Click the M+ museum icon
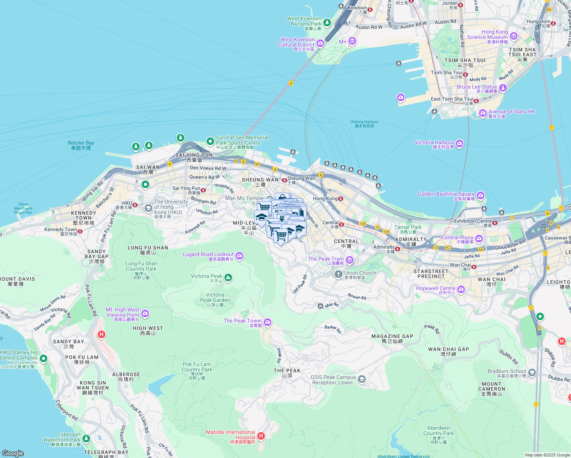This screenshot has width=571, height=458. point(352,41)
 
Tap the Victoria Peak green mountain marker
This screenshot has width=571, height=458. point(228,278)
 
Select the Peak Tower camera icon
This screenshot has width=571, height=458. point(268,323)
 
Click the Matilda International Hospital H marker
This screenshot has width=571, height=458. point(261,435)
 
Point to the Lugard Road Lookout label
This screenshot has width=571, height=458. point(208,255)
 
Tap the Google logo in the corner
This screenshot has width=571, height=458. point(13,453)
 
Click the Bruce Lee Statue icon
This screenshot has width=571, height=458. point(503,88)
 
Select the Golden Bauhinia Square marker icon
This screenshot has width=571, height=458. point(480,196)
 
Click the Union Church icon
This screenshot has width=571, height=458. point(338,274)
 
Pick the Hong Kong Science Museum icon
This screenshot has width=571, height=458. point(514,37)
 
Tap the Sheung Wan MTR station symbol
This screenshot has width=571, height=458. point(284,180)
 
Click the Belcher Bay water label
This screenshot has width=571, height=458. point(81,145)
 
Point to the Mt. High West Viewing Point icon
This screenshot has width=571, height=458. point(145,314)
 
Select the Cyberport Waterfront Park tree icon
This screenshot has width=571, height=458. point(86,439)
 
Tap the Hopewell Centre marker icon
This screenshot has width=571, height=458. point(461,289)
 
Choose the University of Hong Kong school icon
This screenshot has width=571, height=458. point(148,208)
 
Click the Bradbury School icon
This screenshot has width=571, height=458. point(532,373)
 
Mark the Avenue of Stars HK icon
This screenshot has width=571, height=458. point(483,113)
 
